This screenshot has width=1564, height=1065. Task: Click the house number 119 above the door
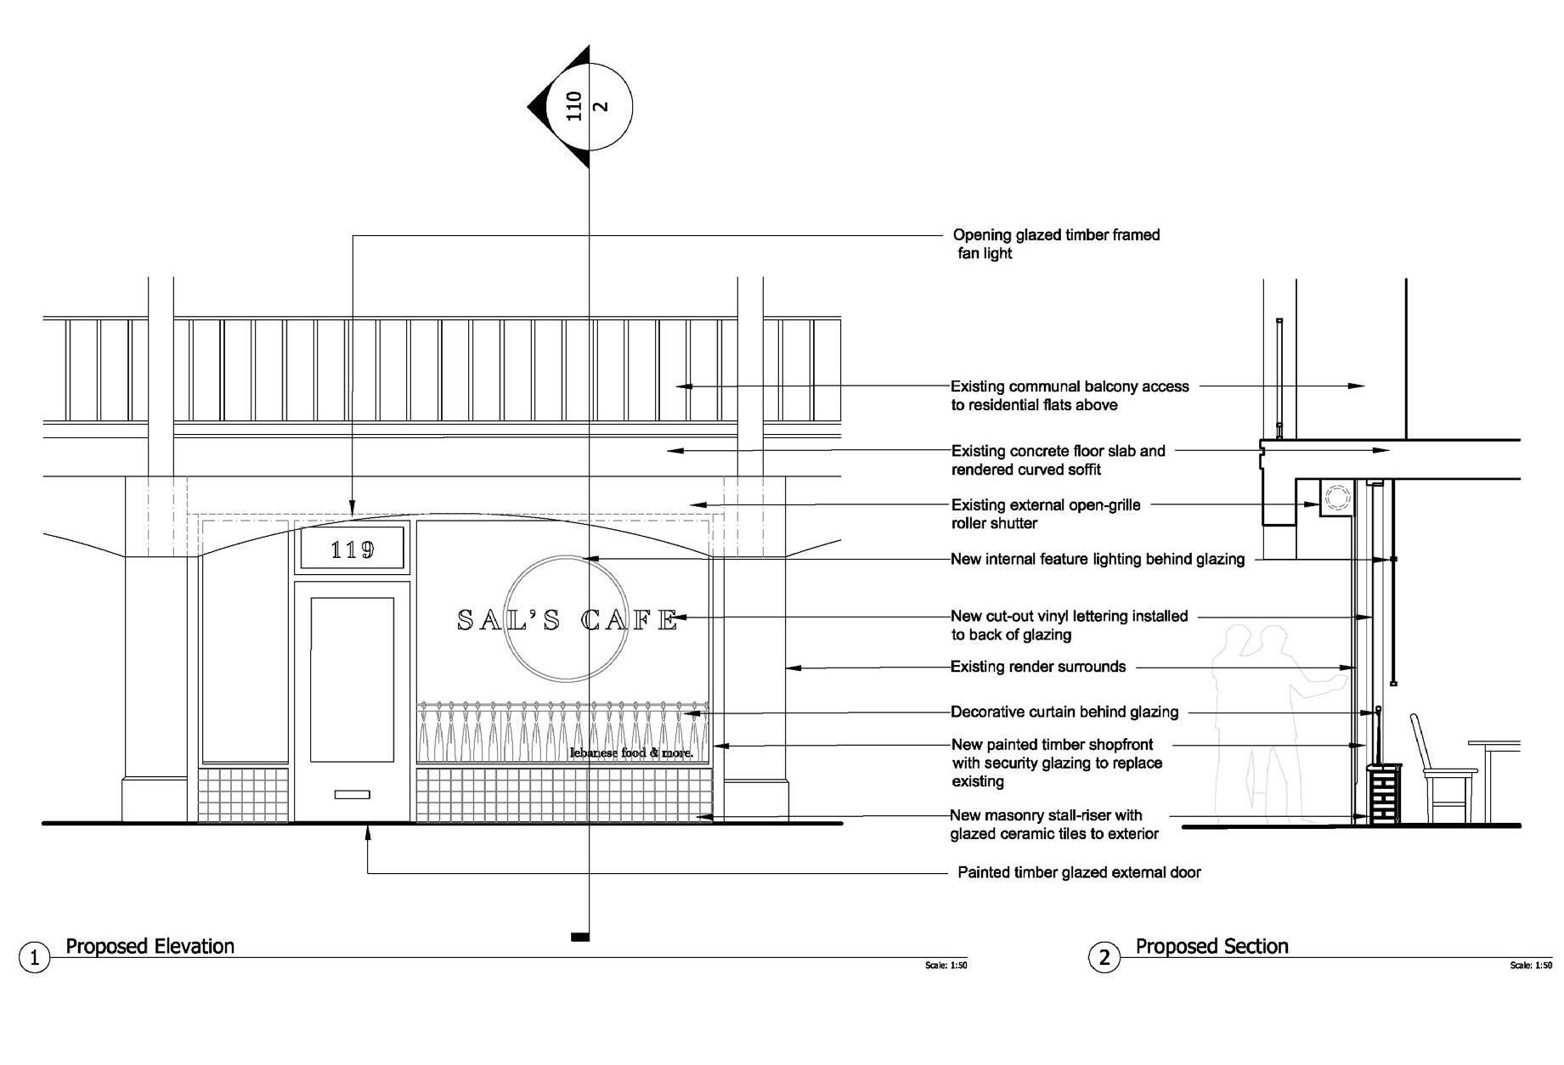353,549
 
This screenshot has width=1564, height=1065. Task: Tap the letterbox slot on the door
352,795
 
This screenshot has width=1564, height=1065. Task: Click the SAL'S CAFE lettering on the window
567,620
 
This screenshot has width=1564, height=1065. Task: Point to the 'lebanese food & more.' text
631,752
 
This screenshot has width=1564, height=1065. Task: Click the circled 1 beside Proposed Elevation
34,958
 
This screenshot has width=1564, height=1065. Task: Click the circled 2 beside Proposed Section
1104,958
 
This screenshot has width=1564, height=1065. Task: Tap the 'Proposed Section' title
1211,946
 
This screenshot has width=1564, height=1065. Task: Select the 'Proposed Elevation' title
150,946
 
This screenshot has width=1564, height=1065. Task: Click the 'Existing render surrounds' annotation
1037,667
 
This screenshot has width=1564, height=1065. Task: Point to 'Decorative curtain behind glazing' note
1064,712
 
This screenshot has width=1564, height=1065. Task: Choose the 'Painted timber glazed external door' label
1079,872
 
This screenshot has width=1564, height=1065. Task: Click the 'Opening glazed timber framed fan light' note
1055,244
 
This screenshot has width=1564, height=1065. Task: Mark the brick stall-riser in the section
1383,794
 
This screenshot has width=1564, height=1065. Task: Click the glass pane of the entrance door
352,679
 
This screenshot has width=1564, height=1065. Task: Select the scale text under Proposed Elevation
946,966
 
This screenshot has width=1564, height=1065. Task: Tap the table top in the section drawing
1494,745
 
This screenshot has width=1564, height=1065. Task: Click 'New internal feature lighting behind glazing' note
1097,559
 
